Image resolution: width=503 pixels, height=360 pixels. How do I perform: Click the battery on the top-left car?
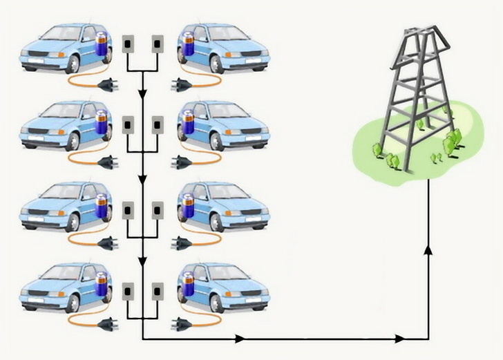[x=102, y=45]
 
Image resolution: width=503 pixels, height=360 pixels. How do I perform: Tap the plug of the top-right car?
[x=182, y=85]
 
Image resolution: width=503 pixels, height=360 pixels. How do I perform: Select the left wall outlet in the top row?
[x=127, y=44]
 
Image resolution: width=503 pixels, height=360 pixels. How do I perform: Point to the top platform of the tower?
[x=417, y=34]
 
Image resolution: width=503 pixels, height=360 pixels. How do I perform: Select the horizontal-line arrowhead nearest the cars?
[x=239, y=339]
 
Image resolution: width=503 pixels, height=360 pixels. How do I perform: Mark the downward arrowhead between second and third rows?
[x=142, y=179]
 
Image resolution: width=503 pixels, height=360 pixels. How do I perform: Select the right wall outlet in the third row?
[x=157, y=208]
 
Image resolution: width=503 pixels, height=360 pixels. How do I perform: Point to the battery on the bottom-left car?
[x=102, y=289]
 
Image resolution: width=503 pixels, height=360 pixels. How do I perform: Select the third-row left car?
[x=62, y=207]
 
